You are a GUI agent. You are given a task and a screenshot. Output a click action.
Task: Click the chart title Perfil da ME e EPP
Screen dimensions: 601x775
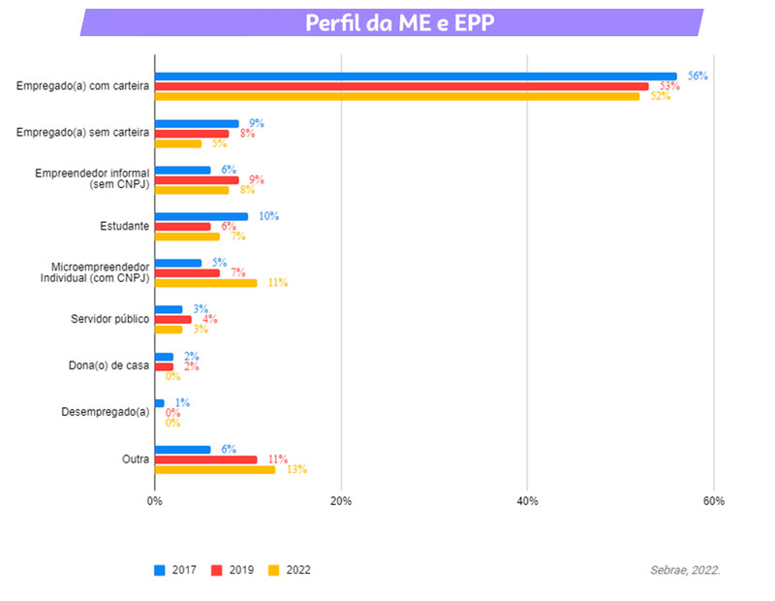399,22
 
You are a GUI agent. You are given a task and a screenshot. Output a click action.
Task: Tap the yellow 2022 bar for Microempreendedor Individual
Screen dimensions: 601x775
205,282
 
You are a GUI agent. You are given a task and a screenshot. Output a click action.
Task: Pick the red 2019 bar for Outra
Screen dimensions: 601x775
205,459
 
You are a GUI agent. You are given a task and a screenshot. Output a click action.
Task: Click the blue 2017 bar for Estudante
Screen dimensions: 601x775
201,216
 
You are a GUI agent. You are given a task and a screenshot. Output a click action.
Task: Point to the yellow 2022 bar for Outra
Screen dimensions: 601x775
214,469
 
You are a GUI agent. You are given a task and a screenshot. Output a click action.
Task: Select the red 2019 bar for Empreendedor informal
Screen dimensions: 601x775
196,179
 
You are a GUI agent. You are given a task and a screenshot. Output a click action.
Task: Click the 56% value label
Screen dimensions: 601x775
697,76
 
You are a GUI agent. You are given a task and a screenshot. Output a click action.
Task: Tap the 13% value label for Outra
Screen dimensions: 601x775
295,469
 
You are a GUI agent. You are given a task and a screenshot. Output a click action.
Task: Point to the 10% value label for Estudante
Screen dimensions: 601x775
268,216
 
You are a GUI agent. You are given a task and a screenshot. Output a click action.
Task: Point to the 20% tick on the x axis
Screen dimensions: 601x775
340,501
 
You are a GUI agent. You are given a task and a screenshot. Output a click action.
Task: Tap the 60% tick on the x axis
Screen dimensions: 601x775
713,501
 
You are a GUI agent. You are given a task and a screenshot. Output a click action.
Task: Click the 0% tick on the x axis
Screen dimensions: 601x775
155,501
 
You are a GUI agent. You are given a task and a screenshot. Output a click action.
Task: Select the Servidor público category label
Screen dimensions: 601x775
109,319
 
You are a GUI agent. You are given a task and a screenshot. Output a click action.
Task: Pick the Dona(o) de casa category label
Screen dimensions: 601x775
108,365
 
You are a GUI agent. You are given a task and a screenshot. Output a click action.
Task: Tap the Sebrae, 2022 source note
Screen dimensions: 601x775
685,570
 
